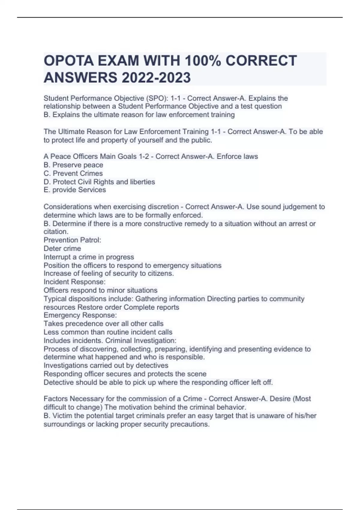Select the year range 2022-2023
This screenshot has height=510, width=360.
click(156, 77)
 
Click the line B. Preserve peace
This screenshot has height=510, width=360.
click(73, 165)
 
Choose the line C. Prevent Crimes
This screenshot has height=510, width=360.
click(73, 173)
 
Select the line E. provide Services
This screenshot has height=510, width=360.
click(75, 190)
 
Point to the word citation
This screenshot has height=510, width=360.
click(56, 232)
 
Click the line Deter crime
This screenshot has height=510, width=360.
click(62, 248)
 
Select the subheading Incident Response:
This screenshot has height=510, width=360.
click(74, 282)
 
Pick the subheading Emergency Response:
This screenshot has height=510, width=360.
click(80, 315)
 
